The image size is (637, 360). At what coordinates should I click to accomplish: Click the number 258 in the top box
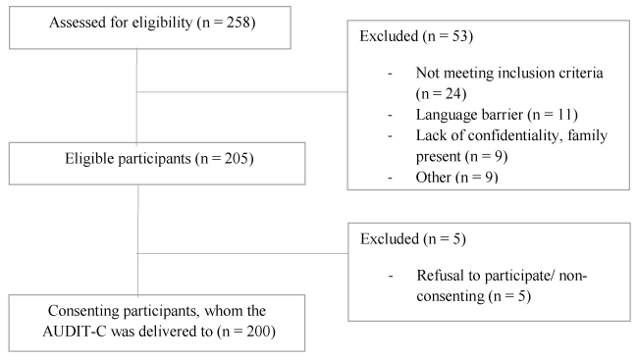click(x=239, y=23)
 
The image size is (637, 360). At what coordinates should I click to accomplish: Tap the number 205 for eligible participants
click(x=237, y=158)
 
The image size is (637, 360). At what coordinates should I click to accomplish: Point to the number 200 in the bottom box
click(x=258, y=332)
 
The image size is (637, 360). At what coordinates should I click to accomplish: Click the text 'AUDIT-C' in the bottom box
click(x=75, y=332)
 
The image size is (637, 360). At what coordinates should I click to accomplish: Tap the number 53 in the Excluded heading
click(x=460, y=36)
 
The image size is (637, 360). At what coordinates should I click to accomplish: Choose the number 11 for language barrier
click(x=564, y=115)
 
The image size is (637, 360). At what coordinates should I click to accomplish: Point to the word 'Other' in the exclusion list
click(x=434, y=178)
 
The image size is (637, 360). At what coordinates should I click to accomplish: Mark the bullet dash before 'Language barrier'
click(x=390, y=116)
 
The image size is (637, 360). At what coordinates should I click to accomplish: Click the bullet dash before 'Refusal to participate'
click(x=391, y=277)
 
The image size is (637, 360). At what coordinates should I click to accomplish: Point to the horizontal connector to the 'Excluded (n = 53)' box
click(x=242, y=92)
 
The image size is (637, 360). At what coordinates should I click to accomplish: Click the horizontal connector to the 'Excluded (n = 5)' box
click(x=243, y=254)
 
